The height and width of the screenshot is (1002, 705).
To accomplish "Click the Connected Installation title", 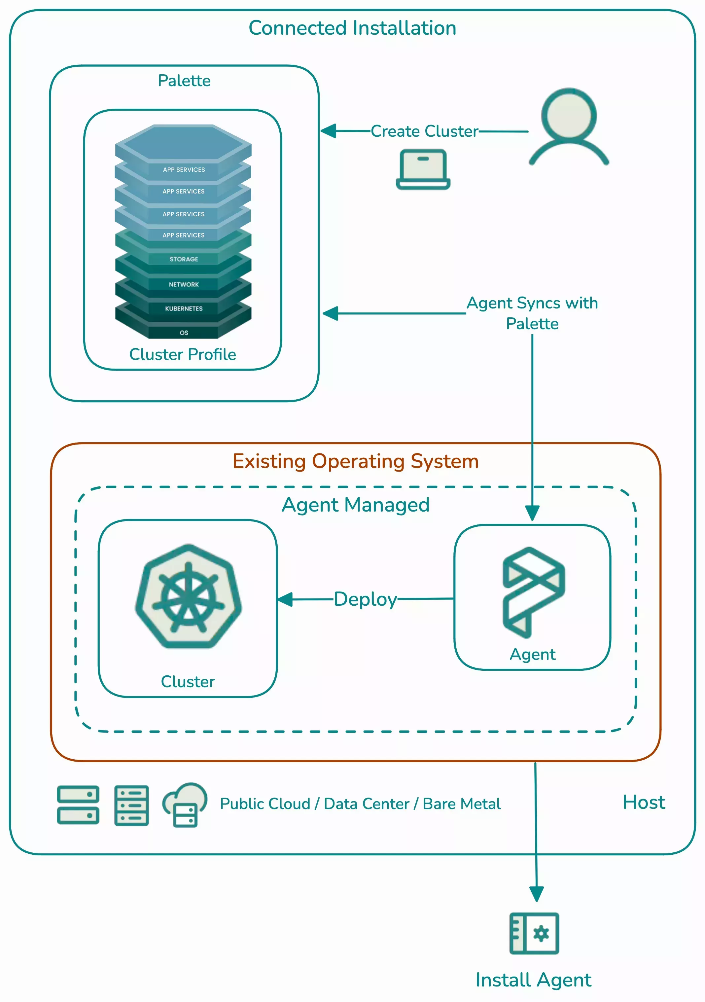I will [x=352, y=28].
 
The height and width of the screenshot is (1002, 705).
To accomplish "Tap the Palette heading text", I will [x=184, y=81].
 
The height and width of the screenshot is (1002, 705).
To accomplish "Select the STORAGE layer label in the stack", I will [x=184, y=259].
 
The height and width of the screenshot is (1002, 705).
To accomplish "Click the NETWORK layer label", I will [x=184, y=285].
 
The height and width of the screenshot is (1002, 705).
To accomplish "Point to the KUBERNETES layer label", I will [x=184, y=308].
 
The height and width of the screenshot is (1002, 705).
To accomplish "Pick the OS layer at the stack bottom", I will [x=184, y=333].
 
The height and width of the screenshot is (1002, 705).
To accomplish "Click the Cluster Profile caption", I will [x=182, y=354].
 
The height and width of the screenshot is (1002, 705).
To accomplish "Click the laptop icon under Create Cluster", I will [x=423, y=169].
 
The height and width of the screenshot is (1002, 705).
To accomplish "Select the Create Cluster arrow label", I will [x=424, y=131].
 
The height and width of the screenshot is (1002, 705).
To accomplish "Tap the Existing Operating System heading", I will [x=356, y=461].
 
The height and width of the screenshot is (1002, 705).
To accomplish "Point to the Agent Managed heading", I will [x=356, y=505].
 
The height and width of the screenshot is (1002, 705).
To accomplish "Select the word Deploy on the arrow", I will [x=365, y=599].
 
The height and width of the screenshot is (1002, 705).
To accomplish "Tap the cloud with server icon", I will [x=185, y=804].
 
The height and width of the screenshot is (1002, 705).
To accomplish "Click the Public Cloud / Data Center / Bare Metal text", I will [x=360, y=804].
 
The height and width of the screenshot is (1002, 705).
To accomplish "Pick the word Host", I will [x=644, y=802].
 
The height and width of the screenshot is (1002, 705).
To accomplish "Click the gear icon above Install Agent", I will [x=541, y=934].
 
